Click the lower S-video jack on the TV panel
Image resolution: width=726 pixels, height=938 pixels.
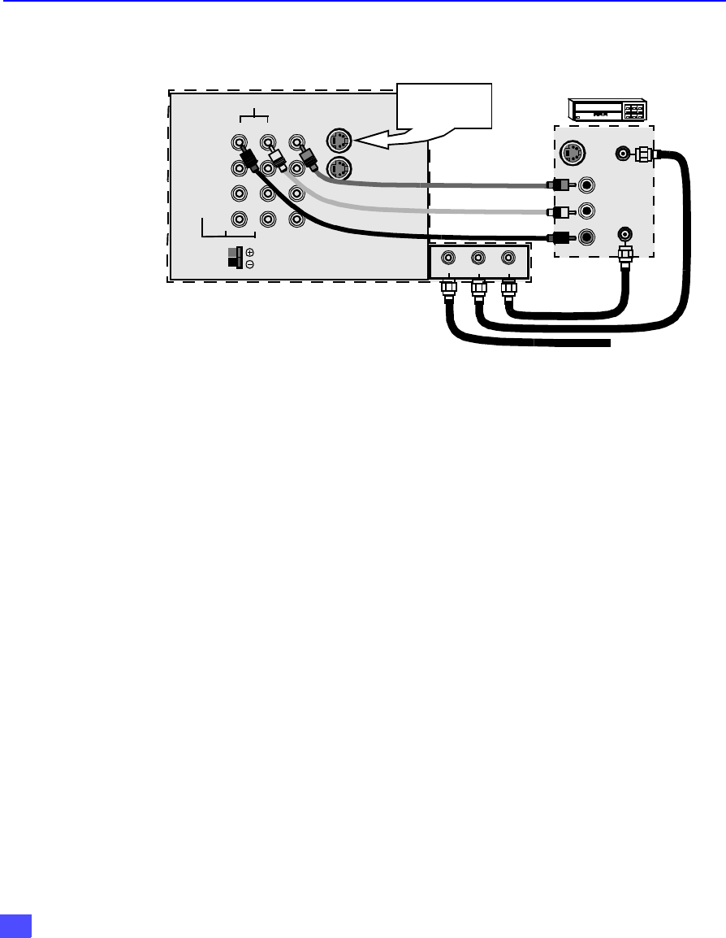coord(337,169)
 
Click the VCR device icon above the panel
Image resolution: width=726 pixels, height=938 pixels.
coord(608,111)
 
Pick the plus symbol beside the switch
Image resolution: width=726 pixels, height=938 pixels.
coord(249,252)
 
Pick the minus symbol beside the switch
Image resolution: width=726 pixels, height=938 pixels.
coord(249,264)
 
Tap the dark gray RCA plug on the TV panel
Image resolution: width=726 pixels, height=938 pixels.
coord(307,157)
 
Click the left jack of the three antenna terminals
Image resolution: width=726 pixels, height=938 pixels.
coord(448,258)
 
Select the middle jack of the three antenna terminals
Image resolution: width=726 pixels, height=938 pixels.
coord(478,258)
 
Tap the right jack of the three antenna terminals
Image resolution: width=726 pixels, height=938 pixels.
coord(508,258)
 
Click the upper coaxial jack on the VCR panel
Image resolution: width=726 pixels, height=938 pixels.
coord(624,152)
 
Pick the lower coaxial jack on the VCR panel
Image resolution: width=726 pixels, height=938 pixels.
coord(625,233)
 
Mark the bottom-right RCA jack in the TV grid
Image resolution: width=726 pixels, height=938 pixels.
coord(296,219)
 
